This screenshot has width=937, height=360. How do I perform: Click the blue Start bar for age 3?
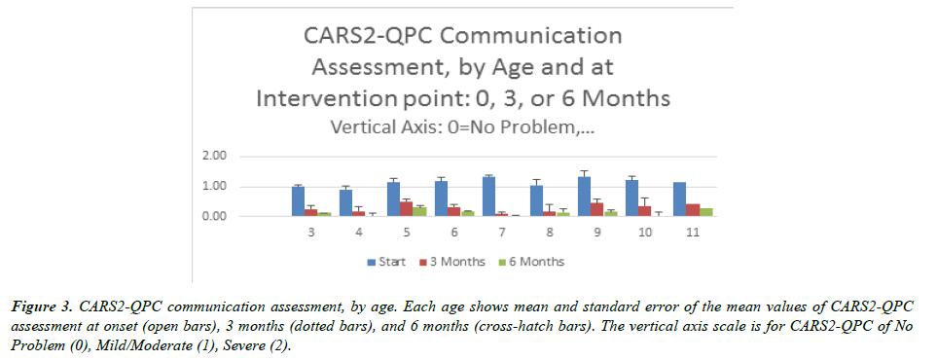(298, 201)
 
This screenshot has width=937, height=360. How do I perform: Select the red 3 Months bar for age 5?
(406, 209)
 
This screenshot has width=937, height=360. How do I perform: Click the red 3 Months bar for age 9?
(597, 209)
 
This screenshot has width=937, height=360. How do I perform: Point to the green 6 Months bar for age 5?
(419, 211)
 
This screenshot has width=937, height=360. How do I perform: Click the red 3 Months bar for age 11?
(693, 210)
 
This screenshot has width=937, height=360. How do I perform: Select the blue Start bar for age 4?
(345, 202)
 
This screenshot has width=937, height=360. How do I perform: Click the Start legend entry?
(386, 262)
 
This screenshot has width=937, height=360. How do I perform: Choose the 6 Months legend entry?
(530, 262)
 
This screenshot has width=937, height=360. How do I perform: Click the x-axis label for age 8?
(549, 231)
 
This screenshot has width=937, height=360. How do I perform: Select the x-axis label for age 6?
(454, 231)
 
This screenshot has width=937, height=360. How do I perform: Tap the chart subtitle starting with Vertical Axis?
(463, 127)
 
